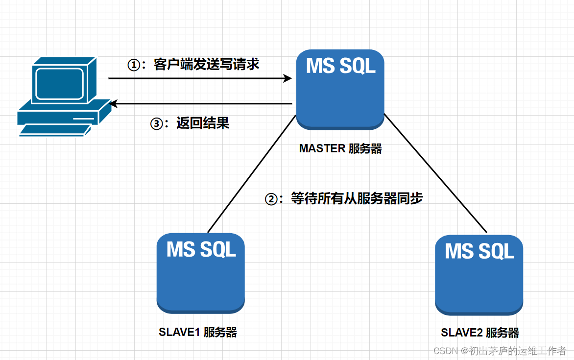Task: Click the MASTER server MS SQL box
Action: [x=340, y=89]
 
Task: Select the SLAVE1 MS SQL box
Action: [x=201, y=273]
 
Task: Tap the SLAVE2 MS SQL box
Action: [x=479, y=275]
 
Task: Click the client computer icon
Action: [x=65, y=96]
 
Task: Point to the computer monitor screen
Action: [x=60, y=83]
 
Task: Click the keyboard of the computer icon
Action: [x=55, y=130]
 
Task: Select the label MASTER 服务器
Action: [x=340, y=148]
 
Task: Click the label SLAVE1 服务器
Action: [x=198, y=332]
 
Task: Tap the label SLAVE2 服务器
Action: [x=480, y=333]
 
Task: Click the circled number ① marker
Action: [x=134, y=65]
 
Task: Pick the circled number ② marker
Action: [x=271, y=199]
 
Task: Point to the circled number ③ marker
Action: [x=157, y=123]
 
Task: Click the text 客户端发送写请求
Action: [x=207, y=65]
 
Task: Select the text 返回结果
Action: [x=203, y=122]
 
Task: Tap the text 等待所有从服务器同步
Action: [x=357, y=198]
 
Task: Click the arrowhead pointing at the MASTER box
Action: [x=287, y=78]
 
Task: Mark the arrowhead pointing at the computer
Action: [x=114, y=104]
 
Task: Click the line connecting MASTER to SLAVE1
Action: [x=251, y=174]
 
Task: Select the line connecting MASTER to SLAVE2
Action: [x=435, y=173]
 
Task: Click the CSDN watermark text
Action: [x=500, y=351]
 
